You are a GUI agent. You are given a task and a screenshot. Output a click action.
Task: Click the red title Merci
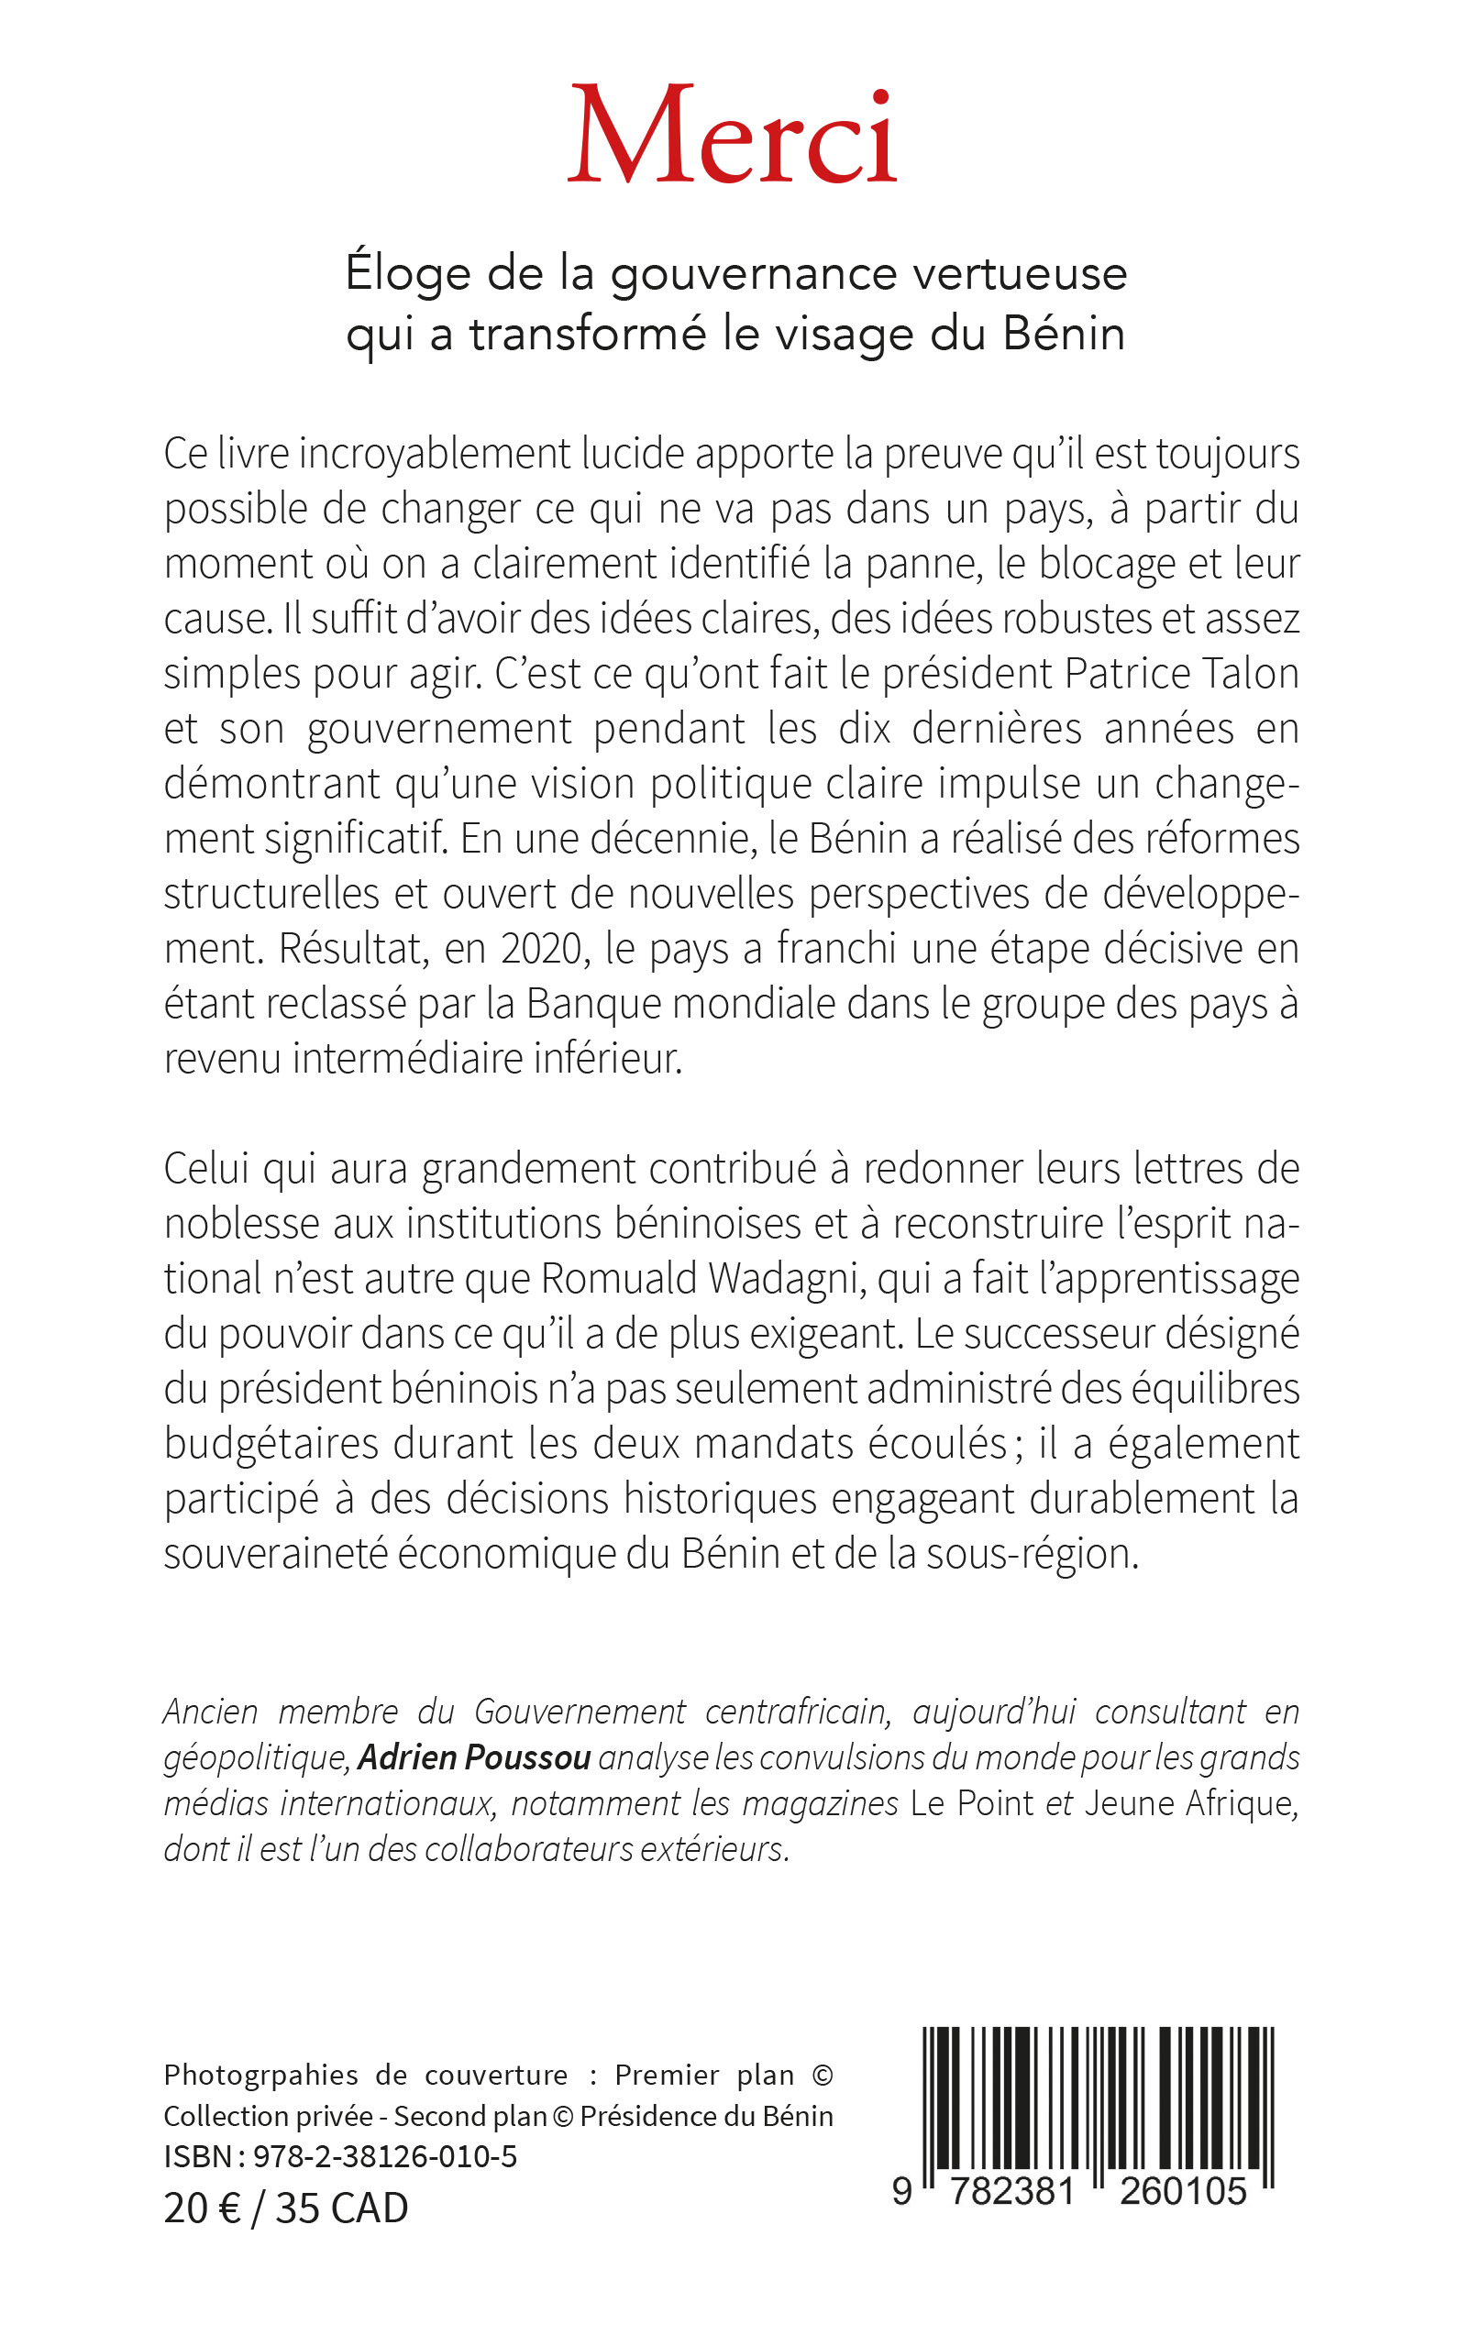[732, 136]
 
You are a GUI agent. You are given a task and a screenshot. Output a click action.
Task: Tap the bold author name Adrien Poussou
[474, 1757]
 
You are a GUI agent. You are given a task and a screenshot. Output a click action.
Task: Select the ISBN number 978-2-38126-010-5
[385, 2155]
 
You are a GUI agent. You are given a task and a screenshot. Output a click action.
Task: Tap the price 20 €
[202, 2208]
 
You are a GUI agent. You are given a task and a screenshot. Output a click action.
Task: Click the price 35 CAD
[341, 2208]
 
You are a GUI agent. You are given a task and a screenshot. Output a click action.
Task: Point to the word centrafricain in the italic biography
[797, 1712]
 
